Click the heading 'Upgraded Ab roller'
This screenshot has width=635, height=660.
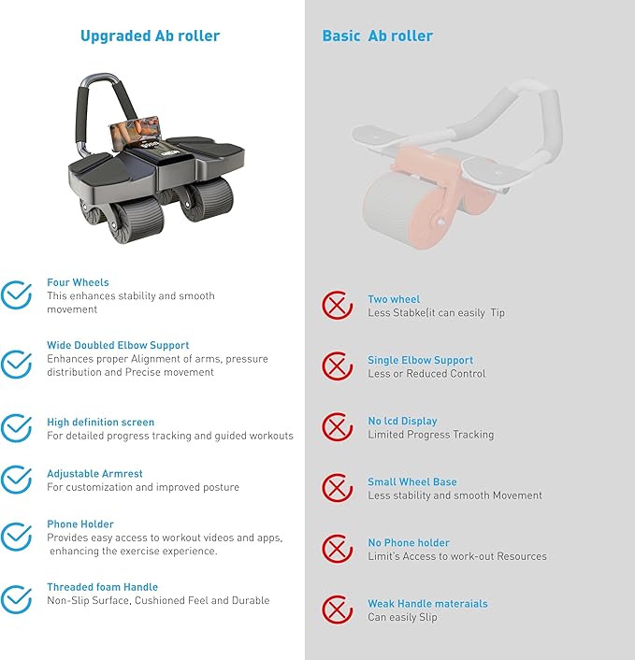pos(150,36)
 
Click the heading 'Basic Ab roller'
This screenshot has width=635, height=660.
pos(377,36)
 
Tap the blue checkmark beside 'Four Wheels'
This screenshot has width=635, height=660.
pos(16,294)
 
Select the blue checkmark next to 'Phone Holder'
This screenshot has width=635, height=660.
pos(16,537)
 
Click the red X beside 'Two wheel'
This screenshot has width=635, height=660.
pos(337,305)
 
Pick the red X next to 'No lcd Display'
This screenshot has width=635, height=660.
pos(337,427)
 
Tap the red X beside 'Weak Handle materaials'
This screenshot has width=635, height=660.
pos(337,610)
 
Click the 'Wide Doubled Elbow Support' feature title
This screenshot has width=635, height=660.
pos(118,345)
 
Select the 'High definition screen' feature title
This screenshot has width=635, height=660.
pos(101,423)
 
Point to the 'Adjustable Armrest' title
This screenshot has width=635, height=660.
pos(94,474)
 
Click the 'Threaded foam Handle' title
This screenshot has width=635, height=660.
pos(102,587)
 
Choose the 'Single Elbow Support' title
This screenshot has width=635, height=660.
pos(420,360)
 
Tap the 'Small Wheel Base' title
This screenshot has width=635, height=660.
pos(412,481)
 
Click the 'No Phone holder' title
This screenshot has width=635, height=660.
pos(409,542)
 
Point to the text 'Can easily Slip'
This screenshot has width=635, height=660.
pos(402,617)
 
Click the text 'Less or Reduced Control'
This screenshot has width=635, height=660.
pos(426,374)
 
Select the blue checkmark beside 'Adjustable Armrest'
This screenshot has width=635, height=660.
pos(16,480)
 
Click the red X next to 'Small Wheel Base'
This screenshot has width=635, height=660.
pos(337,488)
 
